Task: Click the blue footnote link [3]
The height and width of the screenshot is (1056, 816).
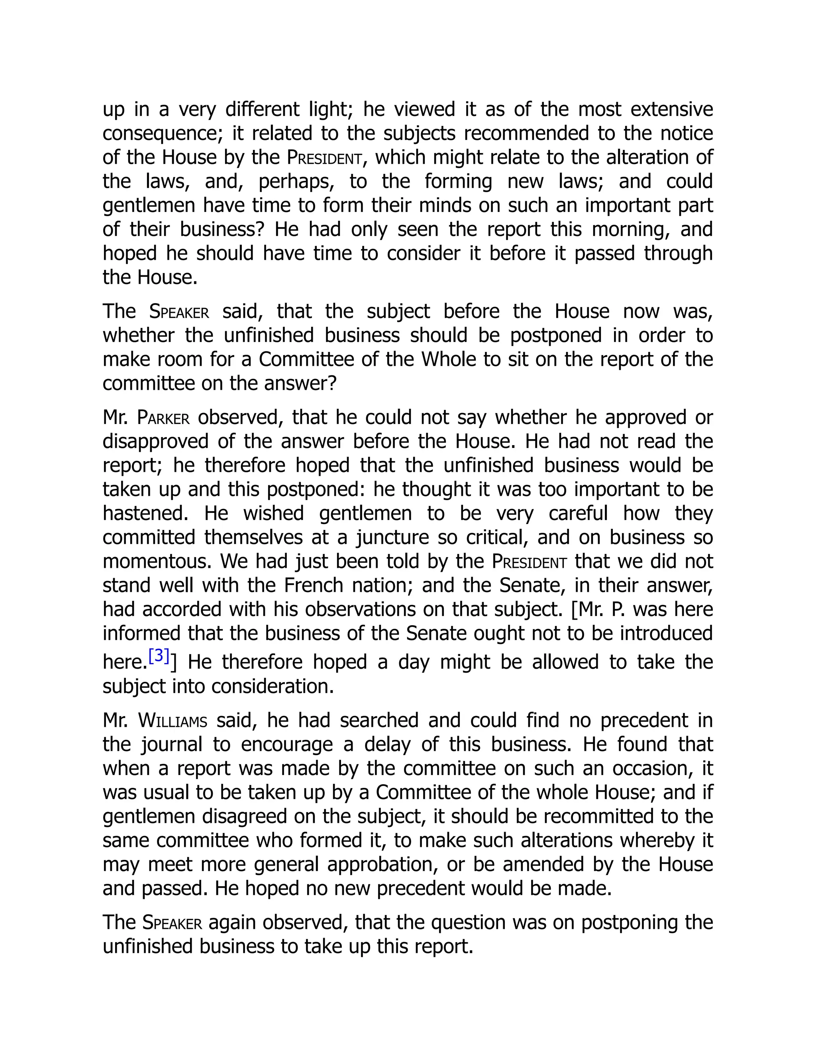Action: tap(159, 656)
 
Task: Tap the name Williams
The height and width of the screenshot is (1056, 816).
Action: tap(173, 721)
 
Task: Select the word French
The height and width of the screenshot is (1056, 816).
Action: tap(313, 585)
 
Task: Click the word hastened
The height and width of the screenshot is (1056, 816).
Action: tap(145, 513)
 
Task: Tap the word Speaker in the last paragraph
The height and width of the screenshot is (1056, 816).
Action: tap(172, 923)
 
